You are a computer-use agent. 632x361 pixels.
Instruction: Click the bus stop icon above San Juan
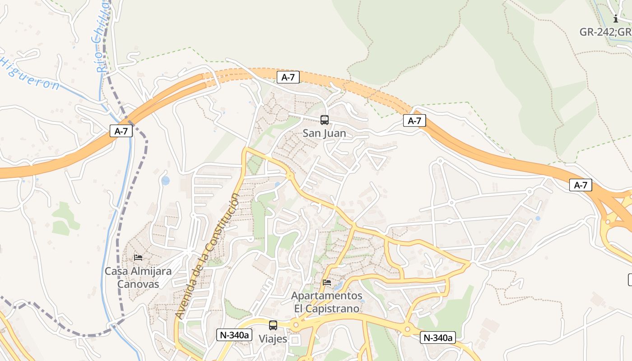tap(324, 120)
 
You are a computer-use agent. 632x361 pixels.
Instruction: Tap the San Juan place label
tap(324, 133)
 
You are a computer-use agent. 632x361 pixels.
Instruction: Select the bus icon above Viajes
tap(273, 325)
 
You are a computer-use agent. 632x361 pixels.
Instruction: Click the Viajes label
tap(273, 338)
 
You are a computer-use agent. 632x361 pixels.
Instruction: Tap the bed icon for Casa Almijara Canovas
tap(138, 258)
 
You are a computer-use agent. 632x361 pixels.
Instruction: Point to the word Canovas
tap(138, 284)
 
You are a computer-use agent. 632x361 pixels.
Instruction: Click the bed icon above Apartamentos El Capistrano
tap(327, 282)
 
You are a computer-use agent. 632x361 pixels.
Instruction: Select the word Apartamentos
tap(327, 296)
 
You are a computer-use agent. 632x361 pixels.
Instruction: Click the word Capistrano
tap(335, 309)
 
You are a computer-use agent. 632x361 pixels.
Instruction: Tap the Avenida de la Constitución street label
tap(208, 255)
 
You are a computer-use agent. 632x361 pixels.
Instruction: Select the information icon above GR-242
tap(616, 19)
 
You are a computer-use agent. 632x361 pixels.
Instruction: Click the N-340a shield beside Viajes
tap(234, 335)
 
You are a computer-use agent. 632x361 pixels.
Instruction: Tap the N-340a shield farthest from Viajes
tap(437, 338)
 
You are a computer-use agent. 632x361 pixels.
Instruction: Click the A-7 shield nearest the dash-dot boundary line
tap(121, 131)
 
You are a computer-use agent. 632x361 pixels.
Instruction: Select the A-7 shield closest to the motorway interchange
tap(580, 185)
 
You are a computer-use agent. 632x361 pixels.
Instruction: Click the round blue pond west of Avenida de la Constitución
tap(165, 180)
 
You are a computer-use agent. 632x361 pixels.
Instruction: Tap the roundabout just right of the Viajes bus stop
tap(296, 324)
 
